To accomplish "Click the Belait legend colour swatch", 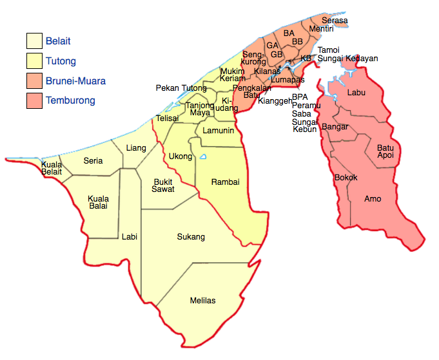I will click(34, 41).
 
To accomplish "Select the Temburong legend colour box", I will click(34, 100).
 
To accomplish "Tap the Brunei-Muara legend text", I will click(75, 81).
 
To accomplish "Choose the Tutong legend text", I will click(61, 62).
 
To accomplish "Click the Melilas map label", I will click(202, 301).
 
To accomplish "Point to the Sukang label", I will click(191, 237).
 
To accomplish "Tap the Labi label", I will click(130, 237).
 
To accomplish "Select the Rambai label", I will click(226, 182).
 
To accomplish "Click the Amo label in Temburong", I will click(373, 199).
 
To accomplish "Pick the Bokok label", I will click(346, 177).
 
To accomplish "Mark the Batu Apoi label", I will click(385, 152).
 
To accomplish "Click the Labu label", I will click(356, 93).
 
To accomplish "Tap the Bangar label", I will click(335, 127).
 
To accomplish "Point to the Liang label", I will click(136, 148).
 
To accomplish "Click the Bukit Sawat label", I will click(163, 185).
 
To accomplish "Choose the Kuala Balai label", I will click(99, 202).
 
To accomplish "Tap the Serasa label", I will click(335, 21).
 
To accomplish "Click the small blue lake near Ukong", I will click(203, 156).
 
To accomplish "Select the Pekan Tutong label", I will click(181, 88).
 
